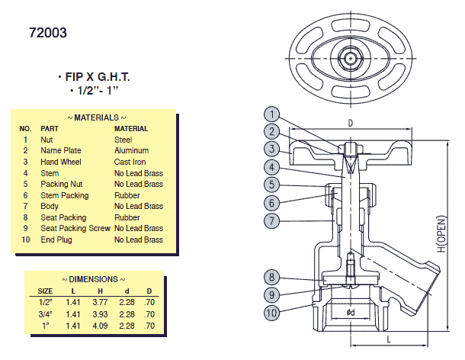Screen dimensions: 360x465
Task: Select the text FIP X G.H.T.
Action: point(94,78)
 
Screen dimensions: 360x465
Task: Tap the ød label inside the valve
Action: point(350,313)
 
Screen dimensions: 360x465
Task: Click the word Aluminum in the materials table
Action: point(132,151)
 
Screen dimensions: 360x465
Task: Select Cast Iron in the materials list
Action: point(132,162)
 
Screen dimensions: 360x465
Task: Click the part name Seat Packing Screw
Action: point(74,228)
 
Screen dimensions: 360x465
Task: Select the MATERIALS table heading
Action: point(97,118)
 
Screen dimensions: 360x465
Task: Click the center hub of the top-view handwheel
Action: point(351,58)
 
